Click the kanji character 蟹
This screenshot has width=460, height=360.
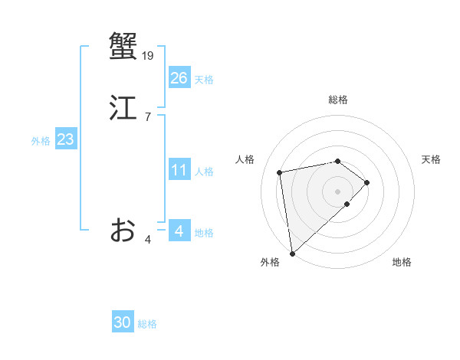coord(123,44)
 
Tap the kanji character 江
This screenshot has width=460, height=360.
coord(123,108)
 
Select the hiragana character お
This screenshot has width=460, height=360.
coord(123,230)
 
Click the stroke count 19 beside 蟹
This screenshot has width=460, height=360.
coord(148,55)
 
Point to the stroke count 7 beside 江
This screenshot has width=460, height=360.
coord(147,117)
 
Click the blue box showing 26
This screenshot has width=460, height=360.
coord(179,77)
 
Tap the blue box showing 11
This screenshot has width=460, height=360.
coord(179,170)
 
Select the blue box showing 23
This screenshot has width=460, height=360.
coord(65,139)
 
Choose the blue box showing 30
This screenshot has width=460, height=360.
coord(123,322)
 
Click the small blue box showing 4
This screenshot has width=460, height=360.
coord(179,231)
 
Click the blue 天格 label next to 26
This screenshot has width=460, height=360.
coord(204,80)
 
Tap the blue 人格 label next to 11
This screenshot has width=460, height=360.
coord(204,172)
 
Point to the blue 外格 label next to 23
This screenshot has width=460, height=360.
coord(41,141)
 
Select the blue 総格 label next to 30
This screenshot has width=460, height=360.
coord(147,324)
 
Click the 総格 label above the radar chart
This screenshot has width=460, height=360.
coord(338,100)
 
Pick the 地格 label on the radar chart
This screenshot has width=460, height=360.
coord(402,263)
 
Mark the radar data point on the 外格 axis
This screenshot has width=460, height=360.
coord(292,253)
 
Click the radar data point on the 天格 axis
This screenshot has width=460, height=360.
coord(367,182)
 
